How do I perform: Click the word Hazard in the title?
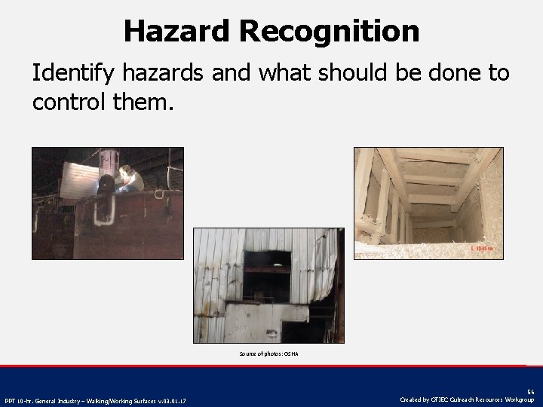177,31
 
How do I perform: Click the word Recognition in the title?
330,31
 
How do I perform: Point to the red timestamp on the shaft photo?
480,248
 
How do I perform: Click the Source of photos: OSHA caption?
268,353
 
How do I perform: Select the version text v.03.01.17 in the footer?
173,400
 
